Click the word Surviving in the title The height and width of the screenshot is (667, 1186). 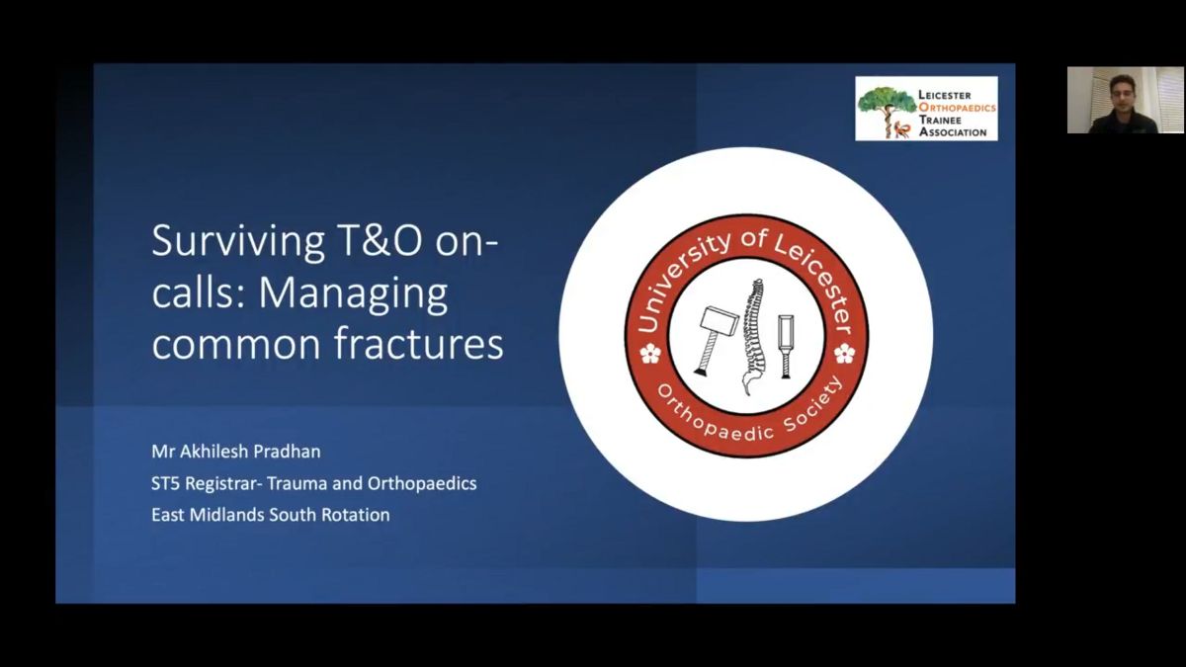pos(238,242)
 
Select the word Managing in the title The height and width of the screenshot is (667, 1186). pos(353,294)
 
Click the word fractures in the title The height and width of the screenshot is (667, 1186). pos(418,343)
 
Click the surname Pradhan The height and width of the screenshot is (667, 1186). pos(287,451)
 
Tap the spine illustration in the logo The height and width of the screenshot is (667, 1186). pos(753,337)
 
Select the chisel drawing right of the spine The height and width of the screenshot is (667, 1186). pos(786,347)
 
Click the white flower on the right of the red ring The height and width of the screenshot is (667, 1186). pos(844,354)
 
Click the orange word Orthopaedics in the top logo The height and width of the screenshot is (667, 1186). pos(958,108)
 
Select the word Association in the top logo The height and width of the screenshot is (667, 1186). pos(953,131)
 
